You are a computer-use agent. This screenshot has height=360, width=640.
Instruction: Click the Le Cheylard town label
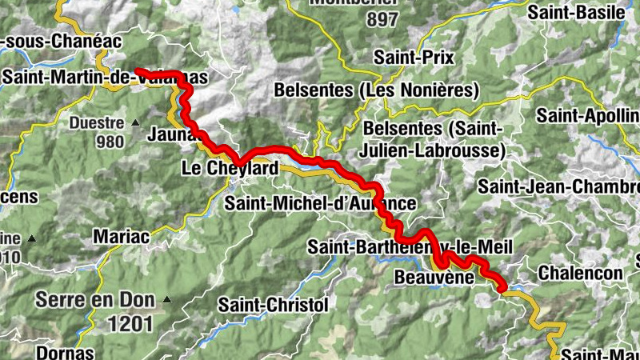click(230, 169)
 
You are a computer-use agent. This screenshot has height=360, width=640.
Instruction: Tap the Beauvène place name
click(430, 277)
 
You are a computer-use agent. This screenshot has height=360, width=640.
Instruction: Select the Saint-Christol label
click(273, 305)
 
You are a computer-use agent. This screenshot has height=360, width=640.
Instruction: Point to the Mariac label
click(121, 236)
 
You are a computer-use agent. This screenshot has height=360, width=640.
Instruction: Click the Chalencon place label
click(580, 273)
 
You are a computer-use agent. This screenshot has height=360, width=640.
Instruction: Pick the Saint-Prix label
click(414, 58)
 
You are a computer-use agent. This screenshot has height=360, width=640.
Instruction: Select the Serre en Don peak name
click(93, 300)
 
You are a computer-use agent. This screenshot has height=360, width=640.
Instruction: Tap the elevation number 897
click(382, 20)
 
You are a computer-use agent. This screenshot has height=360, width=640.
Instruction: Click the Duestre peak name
click(96, 123)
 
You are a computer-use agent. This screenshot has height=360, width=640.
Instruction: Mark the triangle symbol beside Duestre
click(135, 123)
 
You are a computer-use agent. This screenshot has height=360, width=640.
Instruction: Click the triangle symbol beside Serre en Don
click(167, 300)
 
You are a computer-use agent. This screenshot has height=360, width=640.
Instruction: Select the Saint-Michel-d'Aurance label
click(320, 203)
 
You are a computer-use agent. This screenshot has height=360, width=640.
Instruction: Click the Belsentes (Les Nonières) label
click(377, 90)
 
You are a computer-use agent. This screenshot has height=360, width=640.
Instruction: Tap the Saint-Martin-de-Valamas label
click(105, 78)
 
